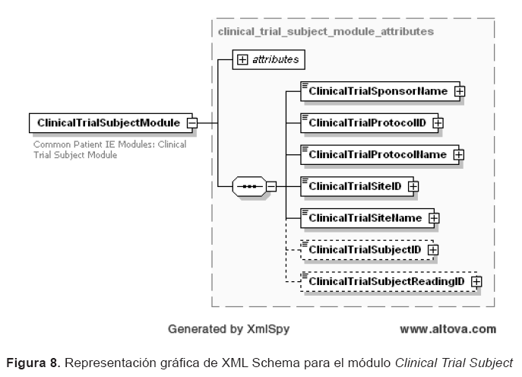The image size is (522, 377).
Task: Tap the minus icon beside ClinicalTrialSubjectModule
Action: pos(192,122)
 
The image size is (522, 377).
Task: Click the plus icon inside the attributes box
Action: pos(243,59)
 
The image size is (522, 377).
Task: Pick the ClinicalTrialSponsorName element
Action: pos(377,90)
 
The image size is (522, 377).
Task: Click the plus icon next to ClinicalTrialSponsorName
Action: pos(459,91)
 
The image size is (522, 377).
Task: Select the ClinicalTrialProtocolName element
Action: pos(376,154)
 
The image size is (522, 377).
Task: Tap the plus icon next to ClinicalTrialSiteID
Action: pos(414,185)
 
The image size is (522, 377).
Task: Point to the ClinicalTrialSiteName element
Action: pos(364,217)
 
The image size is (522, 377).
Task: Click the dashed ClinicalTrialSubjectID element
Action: pos(364,249)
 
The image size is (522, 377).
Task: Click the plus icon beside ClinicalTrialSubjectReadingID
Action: pos(476,281)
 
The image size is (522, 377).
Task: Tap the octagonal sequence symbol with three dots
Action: pos(248,185)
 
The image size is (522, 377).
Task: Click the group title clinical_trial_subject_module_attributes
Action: pos(326,32)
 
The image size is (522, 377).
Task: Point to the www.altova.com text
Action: pos(448,329)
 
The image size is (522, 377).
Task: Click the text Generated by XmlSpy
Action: pos(228,329)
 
